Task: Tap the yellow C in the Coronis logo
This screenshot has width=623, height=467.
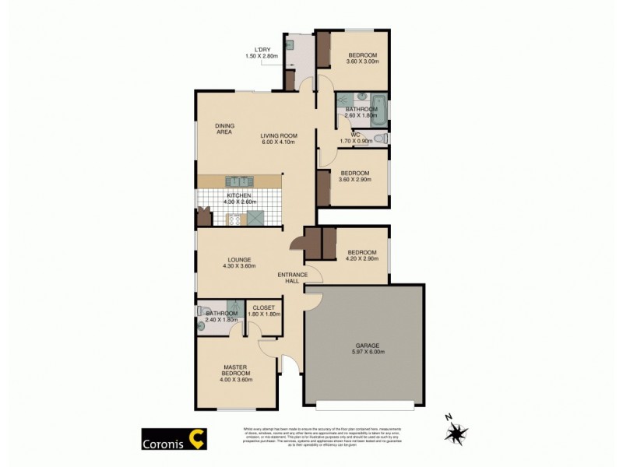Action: click(200, 439)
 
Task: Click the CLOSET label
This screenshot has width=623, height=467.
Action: click(263, 307)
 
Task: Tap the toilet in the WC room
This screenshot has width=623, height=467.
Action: click(379, 139)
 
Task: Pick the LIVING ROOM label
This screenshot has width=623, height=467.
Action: click(279, 135)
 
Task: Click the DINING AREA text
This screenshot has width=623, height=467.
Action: click(225, 128)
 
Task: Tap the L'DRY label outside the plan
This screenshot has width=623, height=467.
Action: click(256, 50)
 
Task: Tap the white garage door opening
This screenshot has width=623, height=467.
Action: click(364, 405)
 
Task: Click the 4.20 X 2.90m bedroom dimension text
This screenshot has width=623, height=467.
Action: click(361, 259)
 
